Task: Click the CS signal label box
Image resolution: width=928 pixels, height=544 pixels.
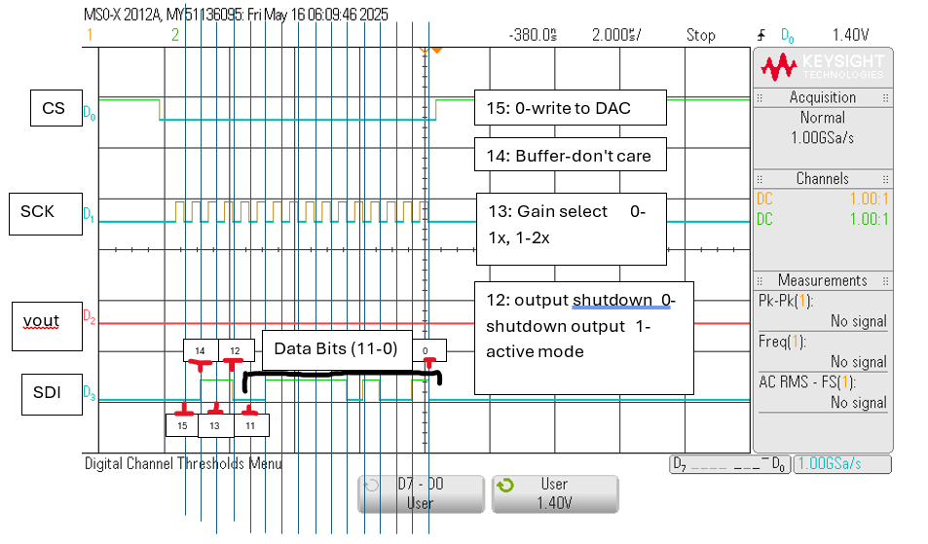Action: [54, 108]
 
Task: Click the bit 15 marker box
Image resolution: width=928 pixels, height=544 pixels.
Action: [182, 425]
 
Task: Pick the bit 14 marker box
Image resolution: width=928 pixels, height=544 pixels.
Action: [201, 349]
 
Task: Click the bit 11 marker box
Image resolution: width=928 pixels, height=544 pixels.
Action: [250, 425]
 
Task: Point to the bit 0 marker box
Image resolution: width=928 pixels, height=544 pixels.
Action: [426, 350]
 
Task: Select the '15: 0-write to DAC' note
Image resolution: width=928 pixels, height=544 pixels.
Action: [570, 108]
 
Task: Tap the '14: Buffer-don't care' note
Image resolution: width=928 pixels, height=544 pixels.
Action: [570, 156]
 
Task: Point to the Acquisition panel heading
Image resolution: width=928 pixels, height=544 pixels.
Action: [823, 97]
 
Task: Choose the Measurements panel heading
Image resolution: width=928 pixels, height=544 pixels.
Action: [823, 280]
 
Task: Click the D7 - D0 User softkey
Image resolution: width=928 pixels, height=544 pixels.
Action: [421, 493]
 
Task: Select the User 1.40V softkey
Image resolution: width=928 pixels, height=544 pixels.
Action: [555, 493]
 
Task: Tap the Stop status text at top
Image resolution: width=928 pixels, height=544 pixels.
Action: [700, 35]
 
